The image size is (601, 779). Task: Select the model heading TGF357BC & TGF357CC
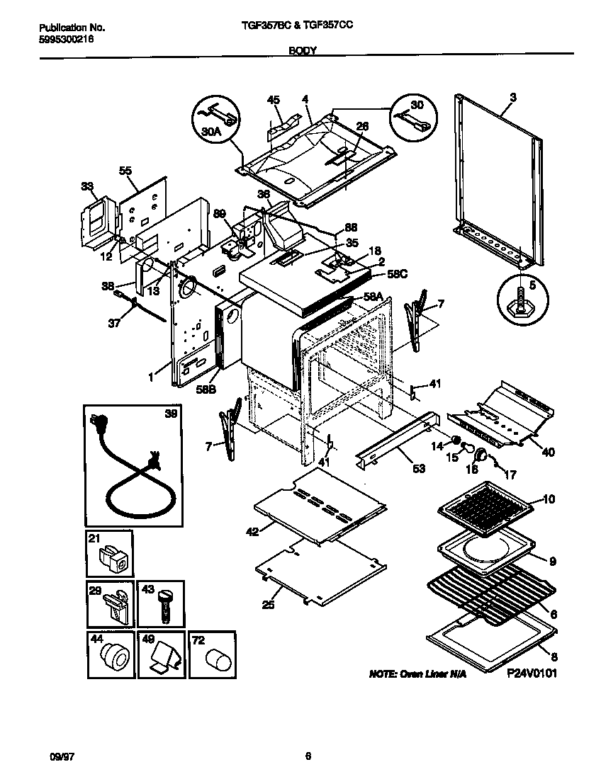coord(293,25)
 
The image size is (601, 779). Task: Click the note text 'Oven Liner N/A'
coord(418,675)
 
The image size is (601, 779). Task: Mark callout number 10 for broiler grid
coord(548,500)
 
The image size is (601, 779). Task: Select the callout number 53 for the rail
coord(401,467)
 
